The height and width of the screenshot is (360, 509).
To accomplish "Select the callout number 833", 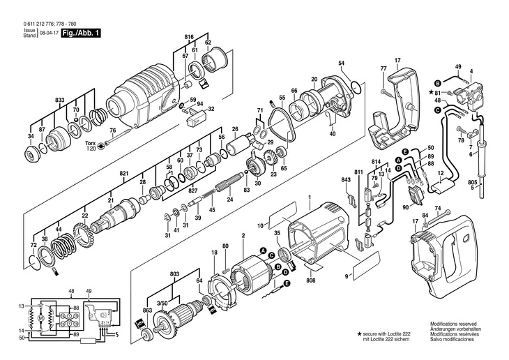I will [62, 100].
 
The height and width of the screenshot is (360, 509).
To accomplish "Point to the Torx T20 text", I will [91, 146].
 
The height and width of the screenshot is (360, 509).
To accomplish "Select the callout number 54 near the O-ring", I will [342, 64].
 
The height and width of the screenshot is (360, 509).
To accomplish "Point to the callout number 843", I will [346, 180].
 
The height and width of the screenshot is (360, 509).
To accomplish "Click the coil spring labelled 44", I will [64, 250].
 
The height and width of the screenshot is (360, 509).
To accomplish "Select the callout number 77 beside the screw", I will [383, 68].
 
